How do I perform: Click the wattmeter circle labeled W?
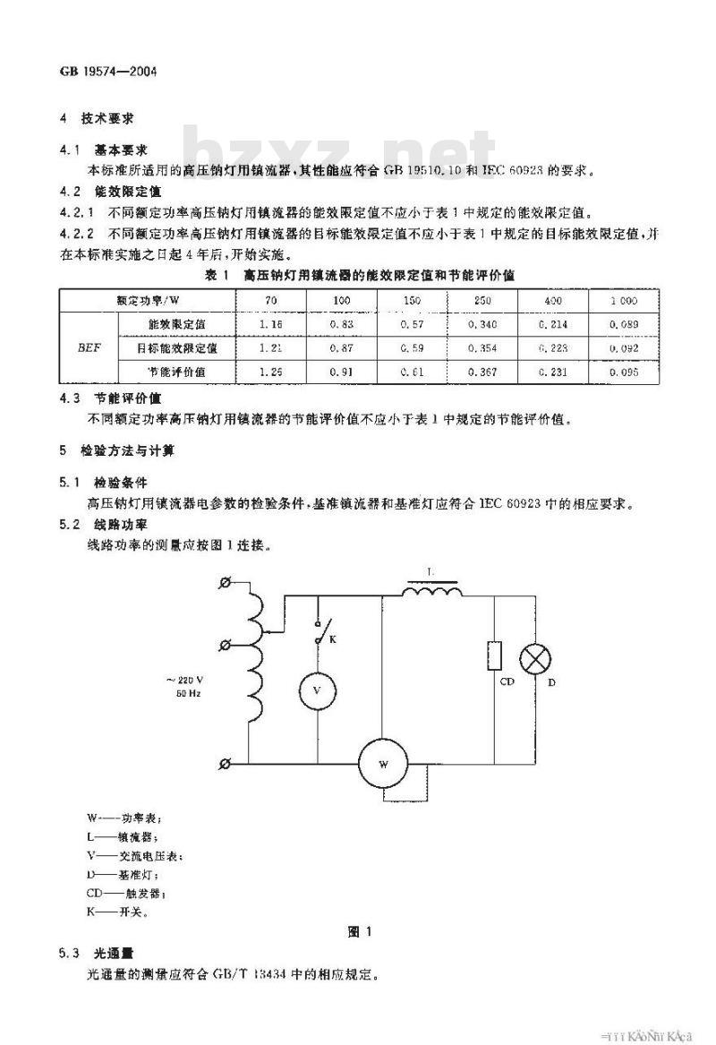coord(383,764)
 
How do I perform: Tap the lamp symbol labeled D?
coord(536,658)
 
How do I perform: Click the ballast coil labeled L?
coord(432,591)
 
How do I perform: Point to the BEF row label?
coord(88,347)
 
